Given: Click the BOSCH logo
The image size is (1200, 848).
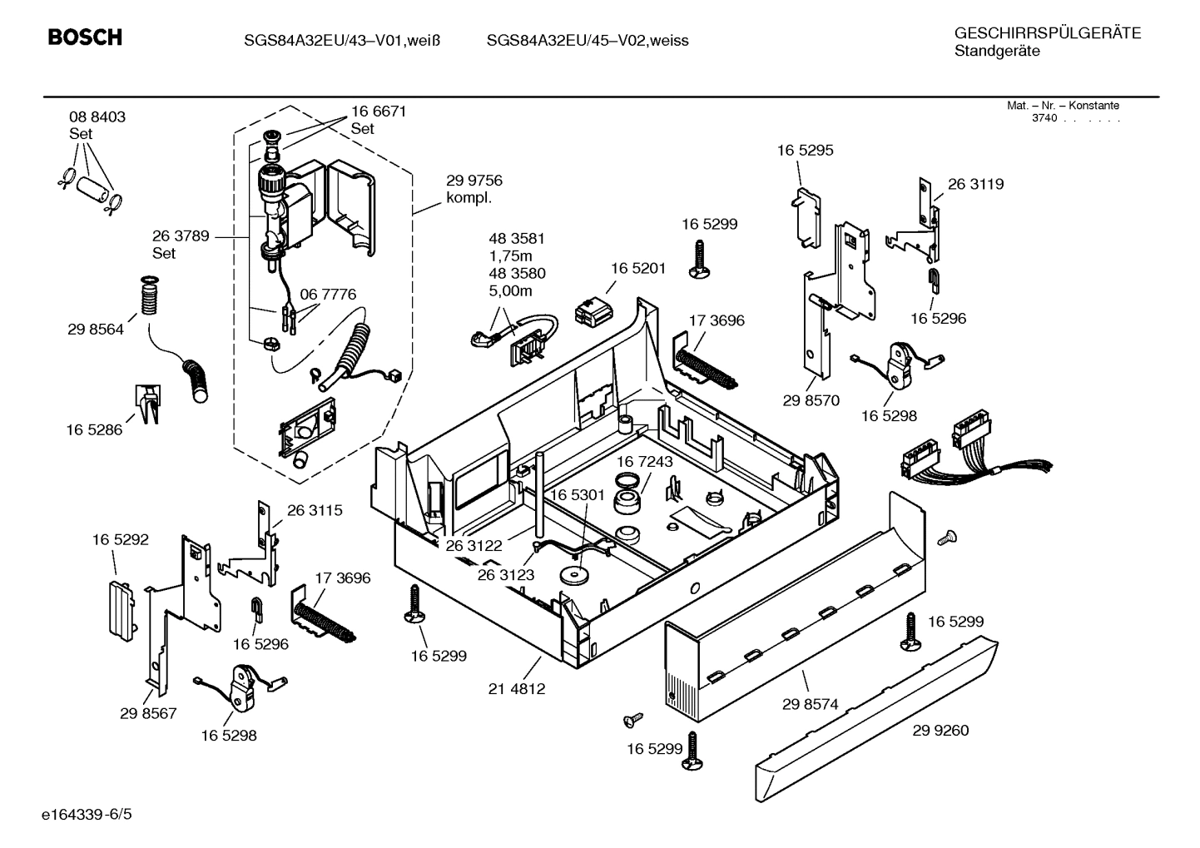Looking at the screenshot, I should click(85, 37).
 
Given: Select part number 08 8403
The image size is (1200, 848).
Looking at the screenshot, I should click(97, 117).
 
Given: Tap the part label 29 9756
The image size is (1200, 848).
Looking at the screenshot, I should click(474, 181).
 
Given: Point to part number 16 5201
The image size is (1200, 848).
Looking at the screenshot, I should click(638, 268).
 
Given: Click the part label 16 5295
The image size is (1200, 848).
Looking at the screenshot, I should click(805, 151).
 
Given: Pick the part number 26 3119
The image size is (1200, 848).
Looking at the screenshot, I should click(975, 185).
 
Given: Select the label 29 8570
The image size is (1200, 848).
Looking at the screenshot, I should click(811, 400).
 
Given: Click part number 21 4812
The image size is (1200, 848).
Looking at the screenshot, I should click(517, 689).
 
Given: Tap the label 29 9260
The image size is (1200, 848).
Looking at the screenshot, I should click(940, 731).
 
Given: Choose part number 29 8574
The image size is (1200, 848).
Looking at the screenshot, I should click(810, 704).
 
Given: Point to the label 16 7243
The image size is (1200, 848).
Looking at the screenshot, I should click(645, 461).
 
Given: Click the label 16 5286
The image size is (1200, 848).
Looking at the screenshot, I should click(94, 430).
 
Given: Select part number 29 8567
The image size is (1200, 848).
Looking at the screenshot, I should click(148, 713).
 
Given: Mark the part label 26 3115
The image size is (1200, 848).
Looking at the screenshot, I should click(315, 511).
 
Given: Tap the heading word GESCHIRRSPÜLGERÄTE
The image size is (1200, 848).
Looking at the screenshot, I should click(1047, 33).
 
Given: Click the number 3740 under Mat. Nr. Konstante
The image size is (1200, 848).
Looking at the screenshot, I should click(1044, 118).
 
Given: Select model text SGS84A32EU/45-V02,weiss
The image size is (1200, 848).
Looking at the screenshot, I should click(588, 40).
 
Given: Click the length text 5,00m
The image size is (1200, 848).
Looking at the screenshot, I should click(510, 291).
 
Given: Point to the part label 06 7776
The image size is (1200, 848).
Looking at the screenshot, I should click(328, 295).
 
